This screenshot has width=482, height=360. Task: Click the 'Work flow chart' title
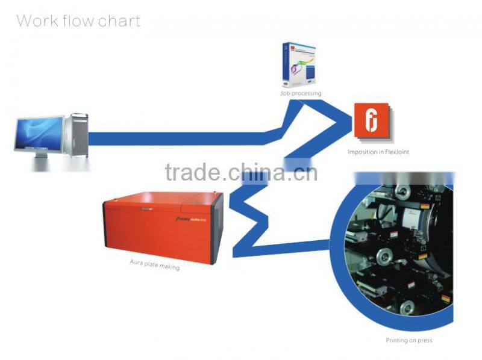pos(78,22)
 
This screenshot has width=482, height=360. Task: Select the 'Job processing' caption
pos(301,94)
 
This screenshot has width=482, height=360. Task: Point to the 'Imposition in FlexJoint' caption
pos(378,152)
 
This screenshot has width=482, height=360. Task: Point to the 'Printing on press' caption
pos(408,341)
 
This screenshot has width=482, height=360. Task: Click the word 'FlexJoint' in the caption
pos(395,152)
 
